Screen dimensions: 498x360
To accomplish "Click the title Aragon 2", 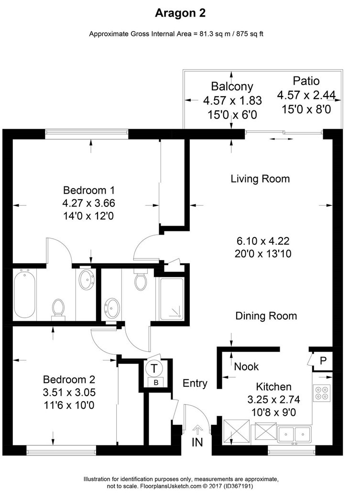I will click(x=180, y=13).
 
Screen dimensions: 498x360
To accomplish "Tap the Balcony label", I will click(x=232, y=87).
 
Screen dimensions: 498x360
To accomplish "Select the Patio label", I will click(x=306, y=81).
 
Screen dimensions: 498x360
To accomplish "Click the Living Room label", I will click(x=260, y=179).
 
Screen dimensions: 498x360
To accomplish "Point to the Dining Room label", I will click(x=266, y=316).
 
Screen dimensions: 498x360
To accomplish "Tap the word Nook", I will click(x=246, y=367).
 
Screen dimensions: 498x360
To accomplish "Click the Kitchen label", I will click(x=274, y=387).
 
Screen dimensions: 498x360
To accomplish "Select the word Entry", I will click(x=195, y=383).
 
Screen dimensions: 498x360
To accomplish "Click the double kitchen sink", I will click(x=295, y=434).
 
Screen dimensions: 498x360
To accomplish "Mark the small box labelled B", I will click(x=155, y=382).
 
